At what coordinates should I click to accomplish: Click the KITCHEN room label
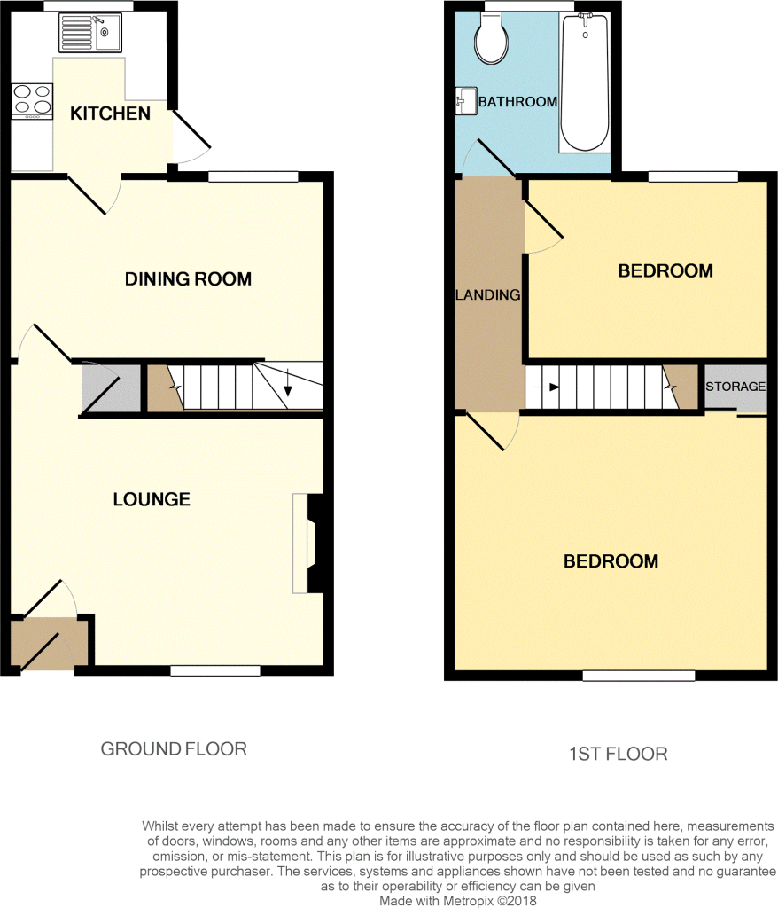click(x=110, y=113)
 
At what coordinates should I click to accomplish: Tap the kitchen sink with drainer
click(x=89, y=33)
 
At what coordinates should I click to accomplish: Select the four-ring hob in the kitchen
click(x=33, y=101)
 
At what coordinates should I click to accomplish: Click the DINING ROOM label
click(x=188, y=279)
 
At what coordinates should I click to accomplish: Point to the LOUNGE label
click(x=152, y=499)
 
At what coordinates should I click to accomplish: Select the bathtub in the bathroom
click(x=585, y=83)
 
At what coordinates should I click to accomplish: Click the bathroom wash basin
click(x=465, y=101)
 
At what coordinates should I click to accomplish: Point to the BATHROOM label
click(x=517, y=102)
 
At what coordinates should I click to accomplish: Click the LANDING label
click(x=488, y=294)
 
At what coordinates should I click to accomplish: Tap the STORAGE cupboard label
click(x=735, y=387)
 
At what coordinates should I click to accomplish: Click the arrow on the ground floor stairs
click(x=288, y=384)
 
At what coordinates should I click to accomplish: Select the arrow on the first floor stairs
click(x=546, y=387)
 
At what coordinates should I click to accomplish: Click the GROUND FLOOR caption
click(x=174, y=748)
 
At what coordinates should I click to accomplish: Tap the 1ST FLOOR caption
click(x=619, y=754)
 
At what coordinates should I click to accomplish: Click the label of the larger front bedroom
click(x=611, y=561)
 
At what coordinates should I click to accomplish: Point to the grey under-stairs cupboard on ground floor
click(x=111, y=387)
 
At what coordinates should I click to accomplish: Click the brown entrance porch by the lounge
click(x=50, y=643)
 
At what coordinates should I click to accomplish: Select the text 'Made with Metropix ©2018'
click(x=458, y=901)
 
